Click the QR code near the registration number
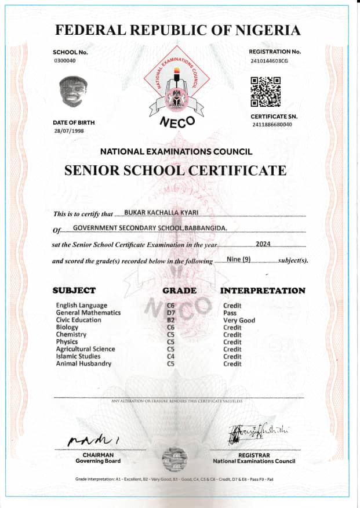point(266,92)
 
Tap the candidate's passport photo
point(74,92)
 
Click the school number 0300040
point(64,60)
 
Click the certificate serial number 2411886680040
point(272,125)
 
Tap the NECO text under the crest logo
point(177,122)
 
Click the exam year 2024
point(263,244)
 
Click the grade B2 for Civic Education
point(171,320)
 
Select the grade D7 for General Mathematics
point(171,313)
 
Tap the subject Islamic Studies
point(78,357)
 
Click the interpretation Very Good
point(239,320)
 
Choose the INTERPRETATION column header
point(263,291)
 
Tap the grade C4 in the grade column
point(171,357)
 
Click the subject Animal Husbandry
point(83,364)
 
